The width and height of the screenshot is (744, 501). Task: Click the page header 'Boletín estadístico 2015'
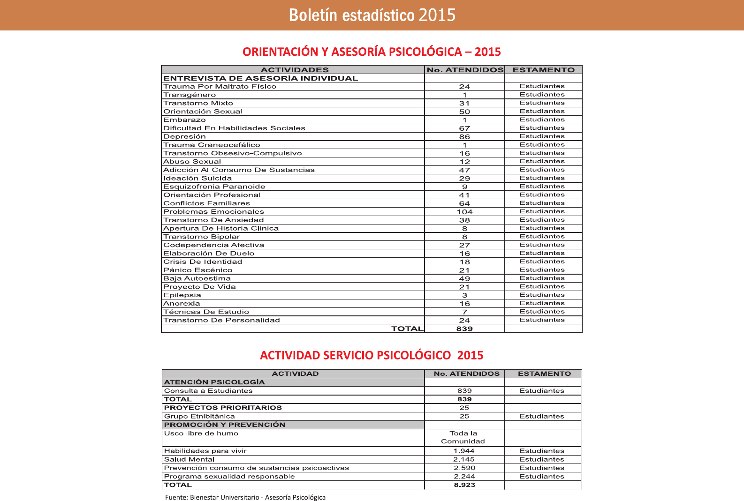(372, 15)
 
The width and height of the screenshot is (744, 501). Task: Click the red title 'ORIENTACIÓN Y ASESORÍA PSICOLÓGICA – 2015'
(372, 52)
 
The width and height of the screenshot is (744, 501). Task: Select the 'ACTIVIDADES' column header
(295, 70)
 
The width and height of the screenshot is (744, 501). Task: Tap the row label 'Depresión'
(184, 136)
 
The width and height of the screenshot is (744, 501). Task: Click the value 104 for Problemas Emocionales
(464, 212)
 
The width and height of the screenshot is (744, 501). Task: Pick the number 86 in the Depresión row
(464, 137)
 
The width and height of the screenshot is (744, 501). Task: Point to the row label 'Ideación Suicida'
(197, 178)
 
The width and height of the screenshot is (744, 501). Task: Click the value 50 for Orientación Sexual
(464, 112)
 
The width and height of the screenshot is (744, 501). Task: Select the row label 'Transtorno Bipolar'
(201, 237)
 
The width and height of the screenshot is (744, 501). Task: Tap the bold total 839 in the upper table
(464, 329)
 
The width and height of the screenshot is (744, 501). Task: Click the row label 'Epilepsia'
(182, 295)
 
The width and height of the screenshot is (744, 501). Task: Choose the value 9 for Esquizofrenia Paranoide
(464, 187)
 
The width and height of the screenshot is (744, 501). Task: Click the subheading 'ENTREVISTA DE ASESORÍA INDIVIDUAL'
(260, 78)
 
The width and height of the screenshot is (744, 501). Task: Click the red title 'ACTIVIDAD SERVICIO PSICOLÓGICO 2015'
(372, 355)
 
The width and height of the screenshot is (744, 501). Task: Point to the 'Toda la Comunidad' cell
(463, 437)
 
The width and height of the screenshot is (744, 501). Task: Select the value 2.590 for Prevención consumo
(464, 468)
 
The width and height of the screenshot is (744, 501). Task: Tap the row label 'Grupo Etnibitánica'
(199, 416)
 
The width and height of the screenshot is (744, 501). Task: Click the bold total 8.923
(464, 485)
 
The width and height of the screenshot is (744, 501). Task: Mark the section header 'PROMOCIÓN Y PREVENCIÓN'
(225, 425)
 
